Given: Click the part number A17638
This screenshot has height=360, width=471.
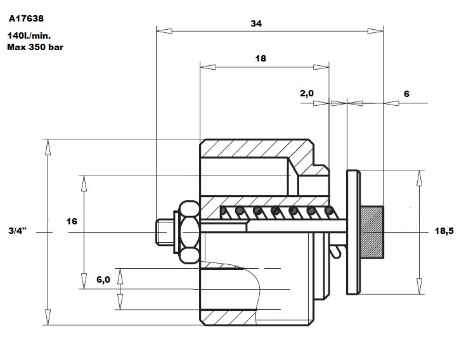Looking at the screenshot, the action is tap(26, 18).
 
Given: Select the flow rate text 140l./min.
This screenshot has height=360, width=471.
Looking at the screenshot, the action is tap(29, 35).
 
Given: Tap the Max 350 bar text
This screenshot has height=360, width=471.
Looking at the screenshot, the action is tap(35, 47).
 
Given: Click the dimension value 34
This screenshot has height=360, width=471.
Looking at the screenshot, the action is tap(256, 23).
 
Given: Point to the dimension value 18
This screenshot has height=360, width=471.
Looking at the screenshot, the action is tap(261, 58).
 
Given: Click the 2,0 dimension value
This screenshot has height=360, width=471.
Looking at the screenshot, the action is tap(307, 93).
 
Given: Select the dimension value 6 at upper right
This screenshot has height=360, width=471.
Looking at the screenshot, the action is tap(406, 94).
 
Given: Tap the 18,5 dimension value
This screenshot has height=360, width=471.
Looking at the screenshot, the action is tap(444, 231).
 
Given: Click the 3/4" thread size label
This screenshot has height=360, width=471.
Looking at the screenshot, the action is tap(17, 231).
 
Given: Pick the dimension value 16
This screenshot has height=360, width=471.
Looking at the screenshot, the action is tap(72, 221).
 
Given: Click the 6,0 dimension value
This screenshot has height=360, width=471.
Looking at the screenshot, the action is tap(103, 280).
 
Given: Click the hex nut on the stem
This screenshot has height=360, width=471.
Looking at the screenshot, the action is tap(189, 233).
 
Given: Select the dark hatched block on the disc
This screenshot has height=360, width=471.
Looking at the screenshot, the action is tap(372, 233).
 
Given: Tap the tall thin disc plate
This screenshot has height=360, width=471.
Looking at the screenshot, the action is tap(353, 233).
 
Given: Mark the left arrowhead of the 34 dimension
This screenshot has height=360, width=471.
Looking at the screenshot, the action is tap(164, 31).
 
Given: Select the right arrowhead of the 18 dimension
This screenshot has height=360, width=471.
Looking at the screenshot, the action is tap(321, 67).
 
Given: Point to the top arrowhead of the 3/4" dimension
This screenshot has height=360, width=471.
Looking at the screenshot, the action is tap(48, 147).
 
